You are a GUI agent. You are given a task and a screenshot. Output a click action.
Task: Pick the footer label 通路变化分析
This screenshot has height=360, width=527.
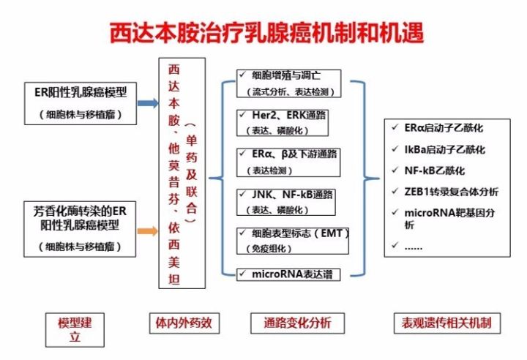pyautogui.click(x=293, y=322)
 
